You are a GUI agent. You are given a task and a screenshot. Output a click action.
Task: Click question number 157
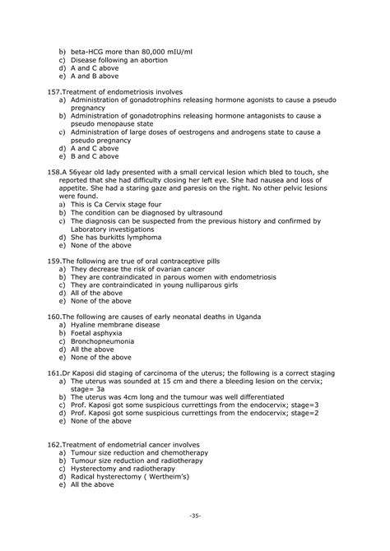coord(46,90)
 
